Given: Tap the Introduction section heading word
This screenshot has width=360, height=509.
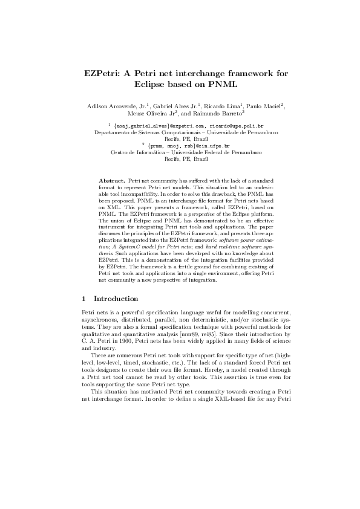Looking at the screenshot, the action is pos(116,299).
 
